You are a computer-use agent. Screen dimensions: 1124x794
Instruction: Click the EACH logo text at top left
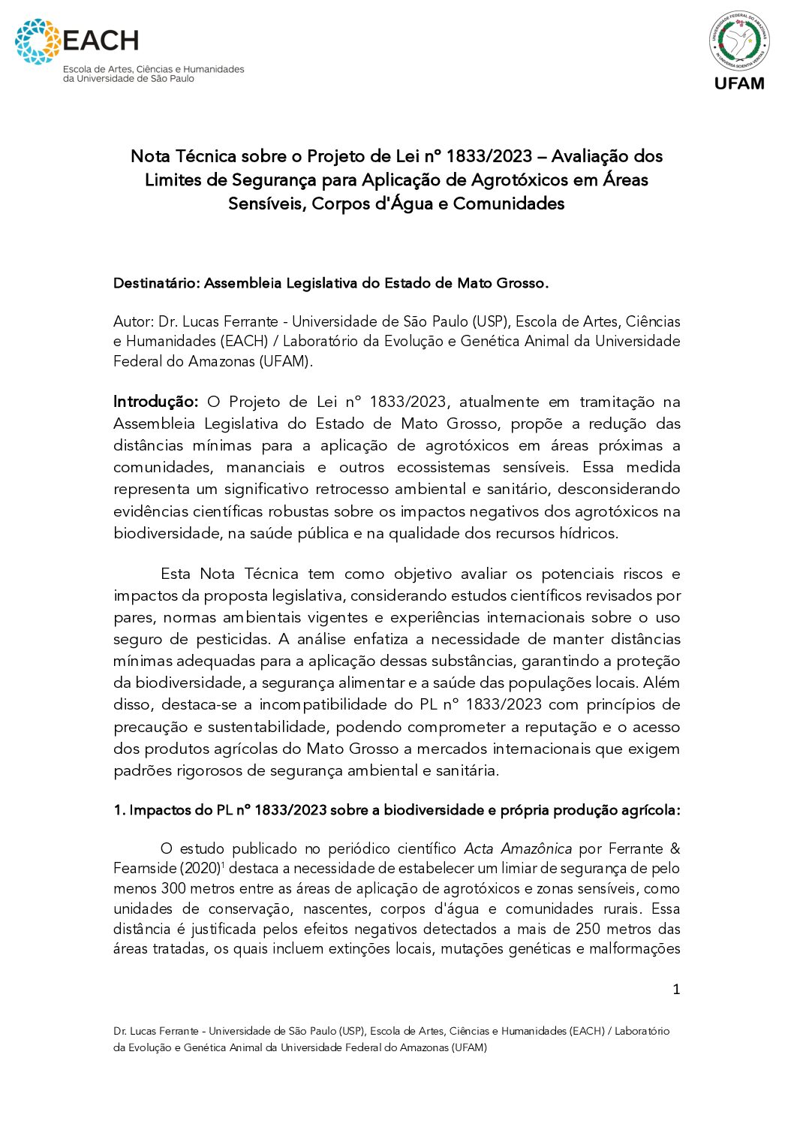click(x=101, y=40)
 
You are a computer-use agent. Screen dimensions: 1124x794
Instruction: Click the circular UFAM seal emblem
click(x=739, y=41)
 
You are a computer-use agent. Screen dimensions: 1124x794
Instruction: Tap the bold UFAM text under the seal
click(x=739, y=83)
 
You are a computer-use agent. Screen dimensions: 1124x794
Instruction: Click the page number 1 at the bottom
click(x=675, y=990)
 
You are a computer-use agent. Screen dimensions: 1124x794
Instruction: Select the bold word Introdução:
click(x=155, y=402)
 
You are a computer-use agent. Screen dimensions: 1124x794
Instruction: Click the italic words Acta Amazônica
click(x=518, y=848)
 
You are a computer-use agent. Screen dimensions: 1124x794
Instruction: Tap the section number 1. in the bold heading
click(x=119, y=810)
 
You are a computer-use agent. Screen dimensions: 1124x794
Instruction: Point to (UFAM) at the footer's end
click(x=470, y=1047)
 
